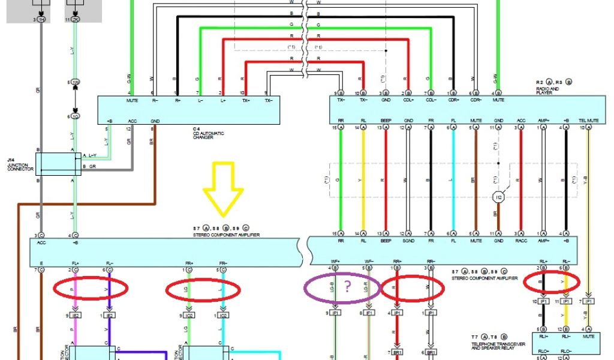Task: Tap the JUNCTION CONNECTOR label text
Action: [16, 164]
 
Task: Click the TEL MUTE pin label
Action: [589, 121]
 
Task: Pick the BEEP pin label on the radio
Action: [386, 121]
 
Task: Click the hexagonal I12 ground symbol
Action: [497, 196]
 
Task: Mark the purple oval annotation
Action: [342, 287]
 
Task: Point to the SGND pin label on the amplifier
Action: [408, 241]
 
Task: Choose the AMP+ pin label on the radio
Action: [543, 121]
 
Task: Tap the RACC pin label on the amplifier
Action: [521, 241]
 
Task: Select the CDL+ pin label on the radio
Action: [409, 100]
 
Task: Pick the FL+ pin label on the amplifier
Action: [76, 263]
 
